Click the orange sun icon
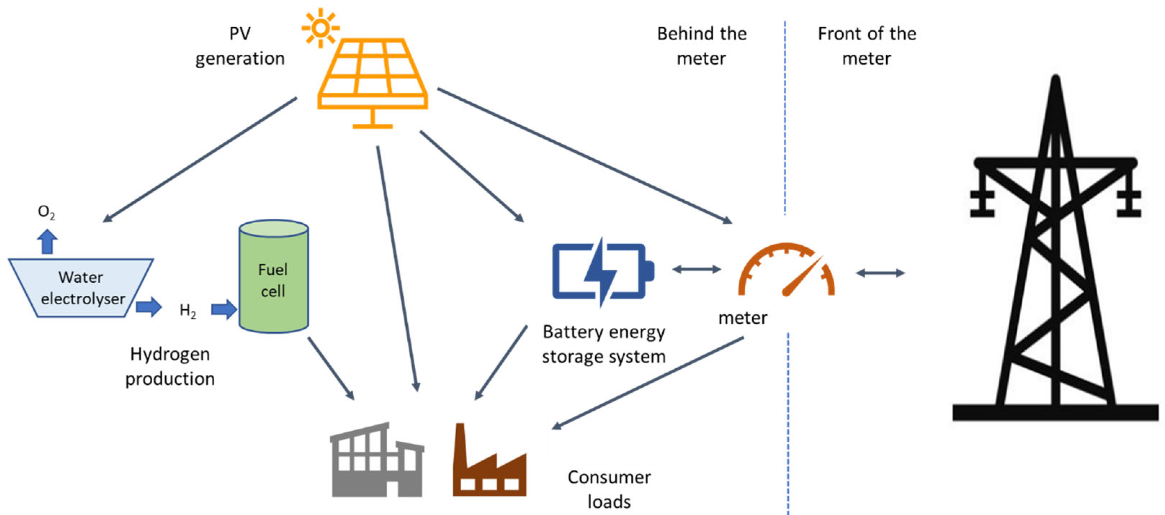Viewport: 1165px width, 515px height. point(321,28)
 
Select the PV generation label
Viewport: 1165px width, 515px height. point(240,46)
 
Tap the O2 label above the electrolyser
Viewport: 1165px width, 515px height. point(46,211)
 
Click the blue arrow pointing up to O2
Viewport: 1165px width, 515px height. point(47,241)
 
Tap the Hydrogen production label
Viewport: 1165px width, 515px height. point(170,366)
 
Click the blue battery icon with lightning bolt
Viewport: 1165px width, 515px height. point(603,272)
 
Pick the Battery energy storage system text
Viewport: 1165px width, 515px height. point(604,344)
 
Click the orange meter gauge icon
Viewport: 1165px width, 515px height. point(787,271)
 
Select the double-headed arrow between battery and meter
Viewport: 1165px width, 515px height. point(696,270)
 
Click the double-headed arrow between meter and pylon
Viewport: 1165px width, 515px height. point(880,273)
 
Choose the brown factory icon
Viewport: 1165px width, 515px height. point(490,465)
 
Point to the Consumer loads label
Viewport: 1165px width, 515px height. point(609,489)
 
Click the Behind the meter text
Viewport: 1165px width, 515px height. point(702,46)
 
